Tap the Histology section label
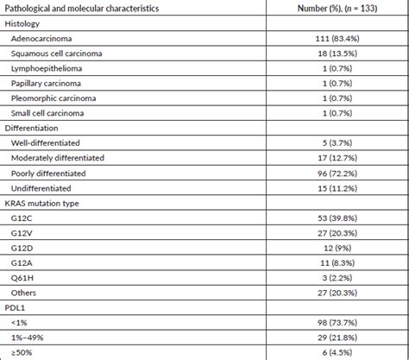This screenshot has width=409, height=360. coord(23,23)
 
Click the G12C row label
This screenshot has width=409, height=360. coord(23,217)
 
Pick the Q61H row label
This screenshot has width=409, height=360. coord(23,275)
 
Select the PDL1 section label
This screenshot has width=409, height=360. coord(16,306)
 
